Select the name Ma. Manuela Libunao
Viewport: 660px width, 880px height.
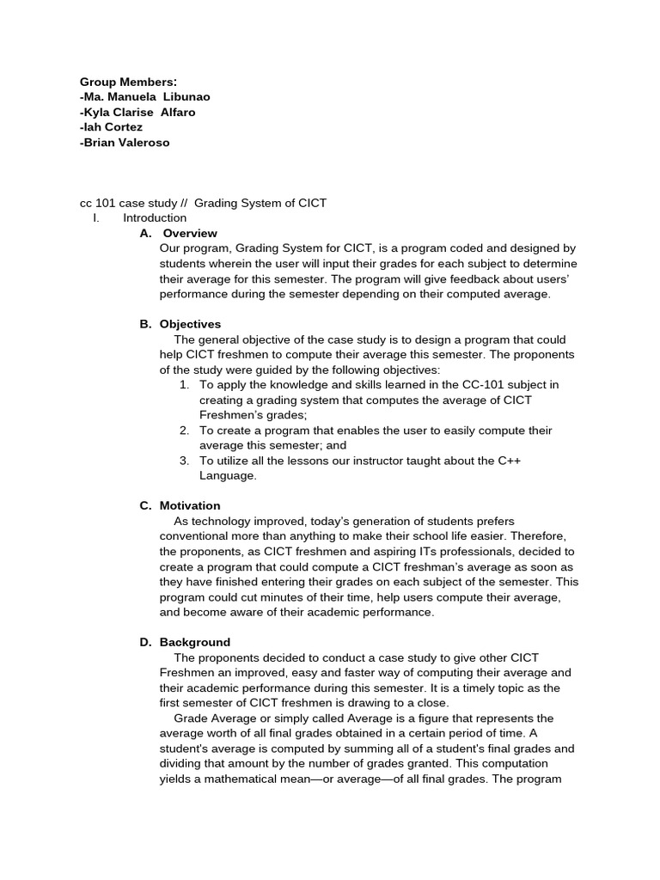pos(144,97)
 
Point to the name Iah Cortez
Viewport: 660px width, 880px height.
pos(111,127)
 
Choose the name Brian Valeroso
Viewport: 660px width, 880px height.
pos(125,143)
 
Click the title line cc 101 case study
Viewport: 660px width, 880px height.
pos(203,203)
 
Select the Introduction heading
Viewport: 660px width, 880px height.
pos(155,218)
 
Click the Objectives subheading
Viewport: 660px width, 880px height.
pos(190,324)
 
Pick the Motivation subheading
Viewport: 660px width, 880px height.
pos(190,505)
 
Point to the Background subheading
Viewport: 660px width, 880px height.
pos(195,642)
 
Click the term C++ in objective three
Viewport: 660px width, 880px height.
pos(509,461)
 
